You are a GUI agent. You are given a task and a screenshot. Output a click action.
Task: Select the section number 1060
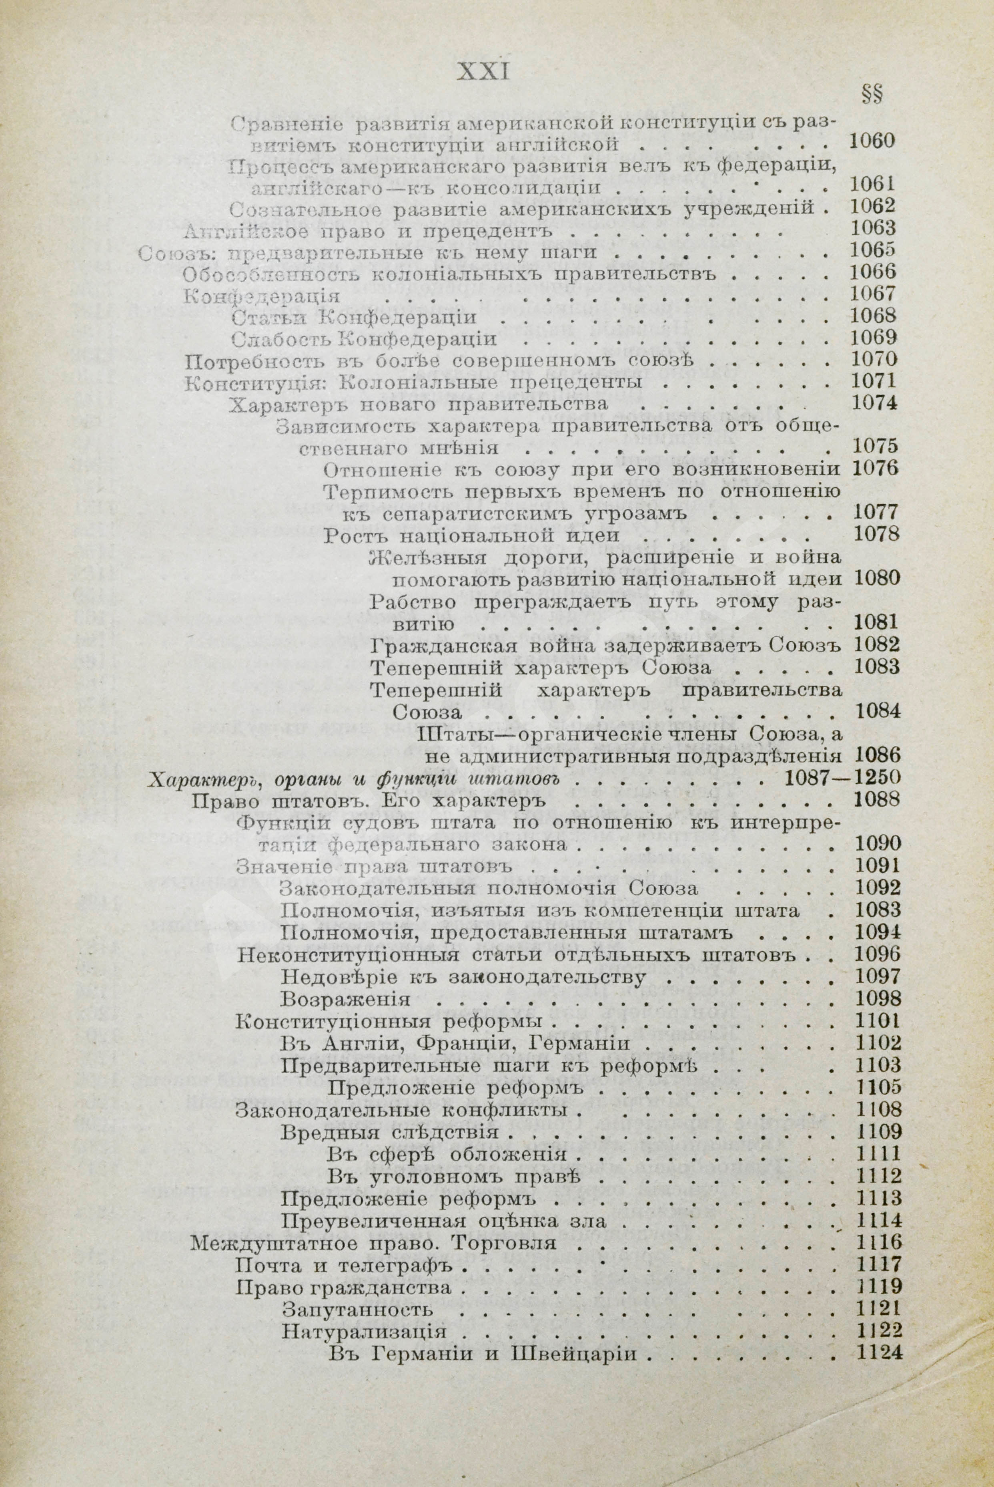tap(871, 140)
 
